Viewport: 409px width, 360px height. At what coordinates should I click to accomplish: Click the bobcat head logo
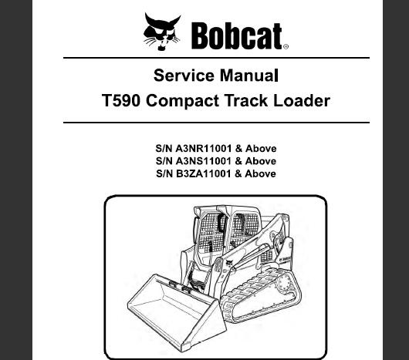pyautogui.click(x=162, y=32)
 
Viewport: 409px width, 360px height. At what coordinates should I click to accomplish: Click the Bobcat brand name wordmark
pyautogui.click(x=237, y=36)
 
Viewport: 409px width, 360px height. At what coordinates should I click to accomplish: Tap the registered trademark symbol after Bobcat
pyautogui.click(x=286, y=46)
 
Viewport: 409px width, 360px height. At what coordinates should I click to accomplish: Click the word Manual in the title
pyautogui.click(x=248, y=76)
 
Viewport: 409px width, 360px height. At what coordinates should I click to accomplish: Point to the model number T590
pyautogui.click(x=120, y=100)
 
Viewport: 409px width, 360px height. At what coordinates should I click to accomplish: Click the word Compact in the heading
pyautogui.click(x=182, y=101)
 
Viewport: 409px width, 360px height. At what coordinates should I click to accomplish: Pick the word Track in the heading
pyautogui.click(x=246, y=100)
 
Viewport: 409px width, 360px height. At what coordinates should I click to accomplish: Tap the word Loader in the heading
pyautogui.click(x=302, y=100)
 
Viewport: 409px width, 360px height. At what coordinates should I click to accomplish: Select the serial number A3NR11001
pyautogui.click(x=204, y=149)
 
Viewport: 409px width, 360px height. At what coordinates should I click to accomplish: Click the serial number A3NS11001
pyautogui.click(x=204, y=161)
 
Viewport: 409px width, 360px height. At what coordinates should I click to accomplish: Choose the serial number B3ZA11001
pyautogui.click(x=204, y=173)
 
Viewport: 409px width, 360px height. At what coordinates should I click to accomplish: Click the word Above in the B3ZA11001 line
pyautogui.click(x=260, y=173)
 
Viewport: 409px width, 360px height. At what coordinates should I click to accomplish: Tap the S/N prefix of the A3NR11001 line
pyautogui.click(x=164, y=149)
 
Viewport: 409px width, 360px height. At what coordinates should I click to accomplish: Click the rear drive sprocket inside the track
pyautogui.click(x=284, y=283)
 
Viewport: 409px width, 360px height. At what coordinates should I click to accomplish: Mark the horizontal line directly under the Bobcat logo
pyautogui.click(x=216, y=58)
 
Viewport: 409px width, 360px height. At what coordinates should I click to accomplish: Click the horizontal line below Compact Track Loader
pyautogui.click(x=216, y=122)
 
